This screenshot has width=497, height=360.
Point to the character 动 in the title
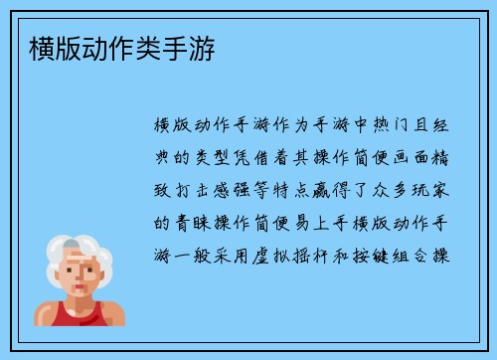[x=88, y=47]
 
